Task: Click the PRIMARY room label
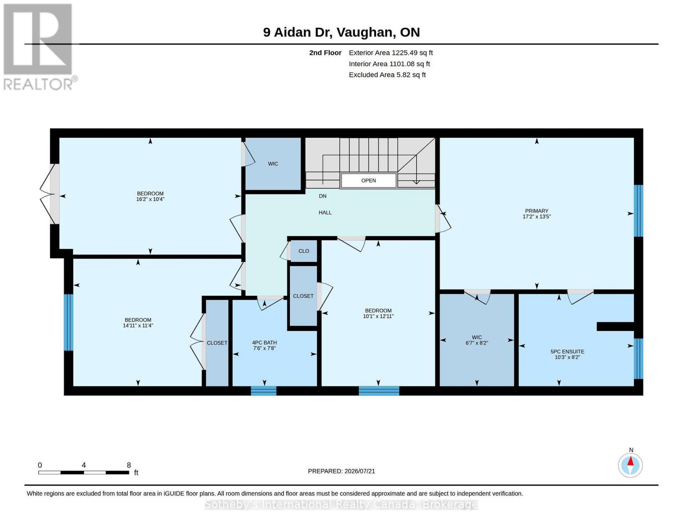[x=537, y=211]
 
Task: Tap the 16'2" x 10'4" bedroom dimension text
[x=150, y=199]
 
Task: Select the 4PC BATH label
[x=264, y=342]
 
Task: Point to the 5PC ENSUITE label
[x=567, y=352]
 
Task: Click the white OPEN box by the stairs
[x=369, y=180]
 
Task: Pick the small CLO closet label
[x=303, y=251]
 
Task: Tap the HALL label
[x=325, y=213]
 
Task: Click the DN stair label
[x=322, y=196]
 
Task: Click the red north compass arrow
[x=631, y=461]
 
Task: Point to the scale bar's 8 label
[x=129, y=465]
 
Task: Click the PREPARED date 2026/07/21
[x=360, y=471]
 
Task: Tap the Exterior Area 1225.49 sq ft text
[x=391, y=53]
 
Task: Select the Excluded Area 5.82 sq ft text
[x=387, y=75]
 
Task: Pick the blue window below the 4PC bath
[x=264, y=391]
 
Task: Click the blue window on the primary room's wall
[x=639, y=211]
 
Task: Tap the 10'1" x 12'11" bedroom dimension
[x=378, y=316]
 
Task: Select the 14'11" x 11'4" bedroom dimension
[x=138, y=326]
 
